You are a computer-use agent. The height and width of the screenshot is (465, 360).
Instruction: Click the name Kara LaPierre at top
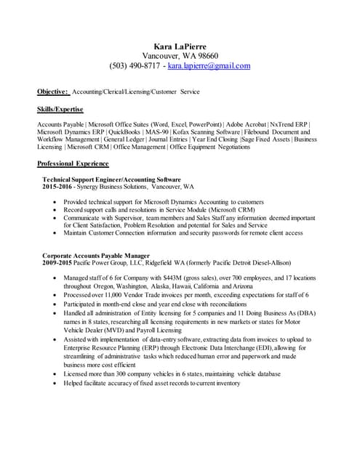point(180,45)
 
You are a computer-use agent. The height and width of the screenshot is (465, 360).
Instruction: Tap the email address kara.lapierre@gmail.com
point(209,65)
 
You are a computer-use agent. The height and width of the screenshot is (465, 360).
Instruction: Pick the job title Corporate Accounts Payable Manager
point(97,256)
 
